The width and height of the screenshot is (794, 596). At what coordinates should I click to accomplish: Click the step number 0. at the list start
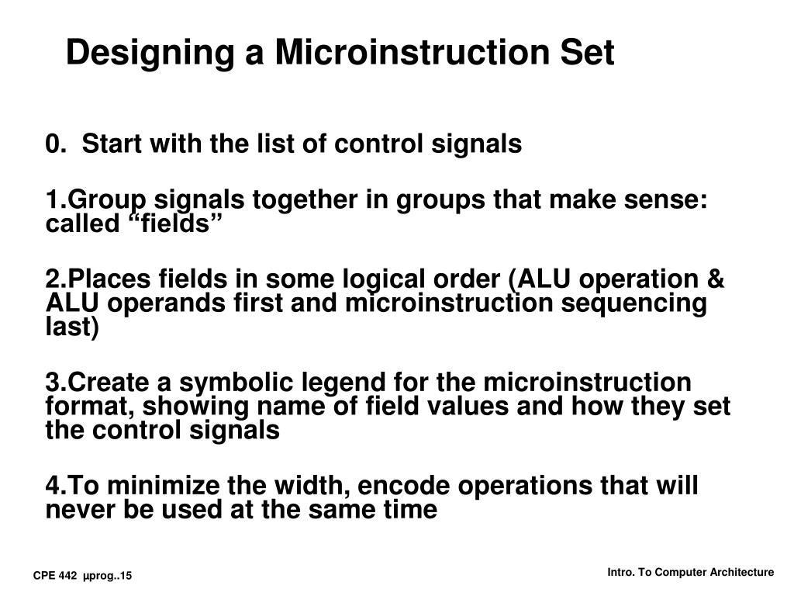pos(54,144)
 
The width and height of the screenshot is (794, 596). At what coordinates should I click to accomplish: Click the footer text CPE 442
pos(54,575)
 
